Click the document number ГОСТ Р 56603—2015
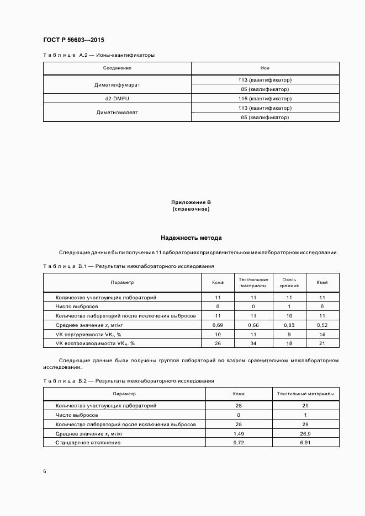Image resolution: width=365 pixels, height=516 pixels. coord(73,40)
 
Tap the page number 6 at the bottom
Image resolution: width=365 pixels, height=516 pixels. coord(45,471)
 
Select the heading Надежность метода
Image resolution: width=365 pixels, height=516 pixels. coord(191,238)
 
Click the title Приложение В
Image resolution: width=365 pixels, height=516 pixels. coord(191,203)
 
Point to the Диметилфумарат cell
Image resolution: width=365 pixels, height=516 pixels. coord(117,84)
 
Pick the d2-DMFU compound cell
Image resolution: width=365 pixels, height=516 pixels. coord(117,98)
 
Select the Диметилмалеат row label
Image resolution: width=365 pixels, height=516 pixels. coord(117,112)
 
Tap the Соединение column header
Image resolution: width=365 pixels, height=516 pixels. coord(117,68)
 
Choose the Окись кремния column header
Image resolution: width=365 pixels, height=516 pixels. coord(289,282)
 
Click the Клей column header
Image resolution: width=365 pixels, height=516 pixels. coord(322,282)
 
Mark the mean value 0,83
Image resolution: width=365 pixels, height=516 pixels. coord(289,325)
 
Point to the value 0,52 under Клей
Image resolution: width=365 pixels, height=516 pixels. coord(322,325)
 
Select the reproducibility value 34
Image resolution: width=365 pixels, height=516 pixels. coord(253,343)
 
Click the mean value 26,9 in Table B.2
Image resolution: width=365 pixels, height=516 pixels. coord(305,434)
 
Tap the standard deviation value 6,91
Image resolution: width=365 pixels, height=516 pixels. coord(305,443)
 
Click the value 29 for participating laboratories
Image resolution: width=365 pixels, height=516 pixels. coord(305,405)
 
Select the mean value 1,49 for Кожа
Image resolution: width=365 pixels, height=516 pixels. coord(239,434)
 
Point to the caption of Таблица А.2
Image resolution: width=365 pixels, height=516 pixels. coord(99,55)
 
